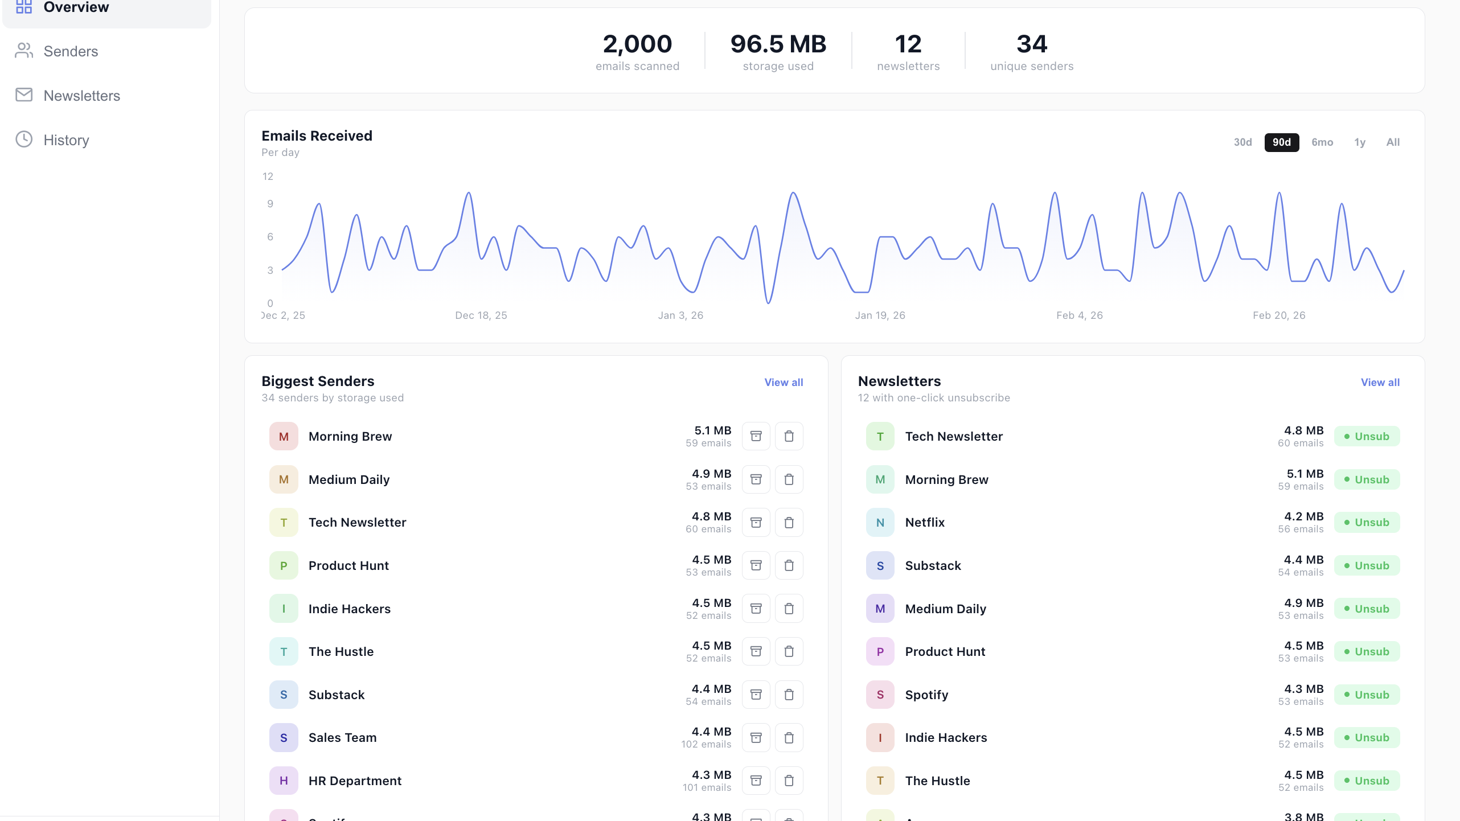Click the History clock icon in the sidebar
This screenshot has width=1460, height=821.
coord(24,139)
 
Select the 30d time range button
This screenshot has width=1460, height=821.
coord(1242,142)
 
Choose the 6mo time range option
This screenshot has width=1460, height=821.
coord(1322,142)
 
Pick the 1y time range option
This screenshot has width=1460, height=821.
coord(1360,142)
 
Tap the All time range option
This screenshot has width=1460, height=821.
coord(1393,142)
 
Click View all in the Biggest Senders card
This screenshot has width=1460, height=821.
coord(784,383)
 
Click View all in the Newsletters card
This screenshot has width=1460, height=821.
coord(1380,383)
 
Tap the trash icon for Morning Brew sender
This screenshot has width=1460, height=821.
coord(789,436)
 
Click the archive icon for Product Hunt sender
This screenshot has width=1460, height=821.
coord(756,565)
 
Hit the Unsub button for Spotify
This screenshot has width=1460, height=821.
coord(1367,695)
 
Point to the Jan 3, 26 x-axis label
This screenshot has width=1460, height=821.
coord(680,315)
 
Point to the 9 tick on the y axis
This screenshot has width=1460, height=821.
coord(270,204)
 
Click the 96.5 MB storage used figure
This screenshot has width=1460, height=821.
coord(778,44)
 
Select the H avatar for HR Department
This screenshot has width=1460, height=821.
coord(284,781)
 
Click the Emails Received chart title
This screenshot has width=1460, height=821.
coord(317,136)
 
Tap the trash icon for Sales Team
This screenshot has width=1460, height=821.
coord(789,737)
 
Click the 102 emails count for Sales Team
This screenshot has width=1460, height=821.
coord(706,744)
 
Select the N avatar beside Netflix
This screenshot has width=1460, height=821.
coord(880,522)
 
